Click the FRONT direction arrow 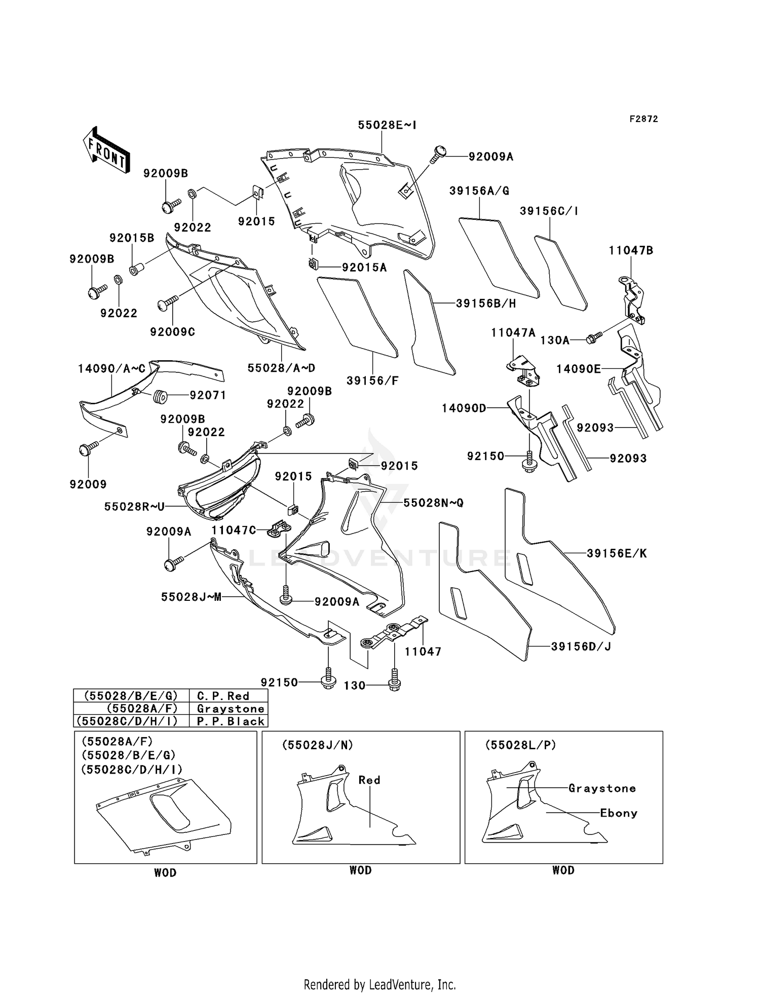tap(106, 150)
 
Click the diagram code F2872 tap(643, 119)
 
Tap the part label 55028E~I tap(387, 125)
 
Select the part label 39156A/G tap(479, 191)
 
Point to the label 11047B tap(631, 250)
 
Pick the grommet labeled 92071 tap(160, 396)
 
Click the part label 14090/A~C tap(111, 369)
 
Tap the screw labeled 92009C tap(167, 303)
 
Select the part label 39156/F tap(372, 380)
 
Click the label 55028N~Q tap(433, 503)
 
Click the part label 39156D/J tap(581, 646)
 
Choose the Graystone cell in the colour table tap(231, 709)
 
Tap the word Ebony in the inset tap(618, 813)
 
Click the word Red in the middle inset tap(369, 780)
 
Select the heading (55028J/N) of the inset tap(317, 745)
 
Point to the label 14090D tap(464, 408)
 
